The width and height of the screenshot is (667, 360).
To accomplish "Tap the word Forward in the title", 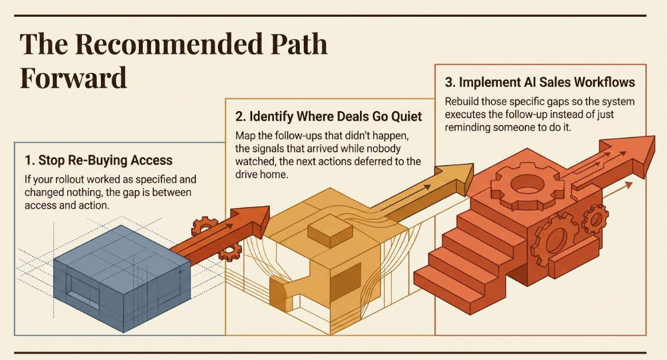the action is pos(73,78).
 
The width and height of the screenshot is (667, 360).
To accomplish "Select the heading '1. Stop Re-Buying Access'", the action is pos(99,160).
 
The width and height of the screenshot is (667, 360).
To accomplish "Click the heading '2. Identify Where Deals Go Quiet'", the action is pos(328,116).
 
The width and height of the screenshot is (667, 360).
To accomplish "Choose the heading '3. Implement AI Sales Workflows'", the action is pos(540,82).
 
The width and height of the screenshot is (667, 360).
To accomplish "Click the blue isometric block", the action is pos(122,279).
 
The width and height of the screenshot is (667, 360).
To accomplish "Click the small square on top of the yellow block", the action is pos(330,233).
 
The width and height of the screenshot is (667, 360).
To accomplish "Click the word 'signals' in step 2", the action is pos(266,149).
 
